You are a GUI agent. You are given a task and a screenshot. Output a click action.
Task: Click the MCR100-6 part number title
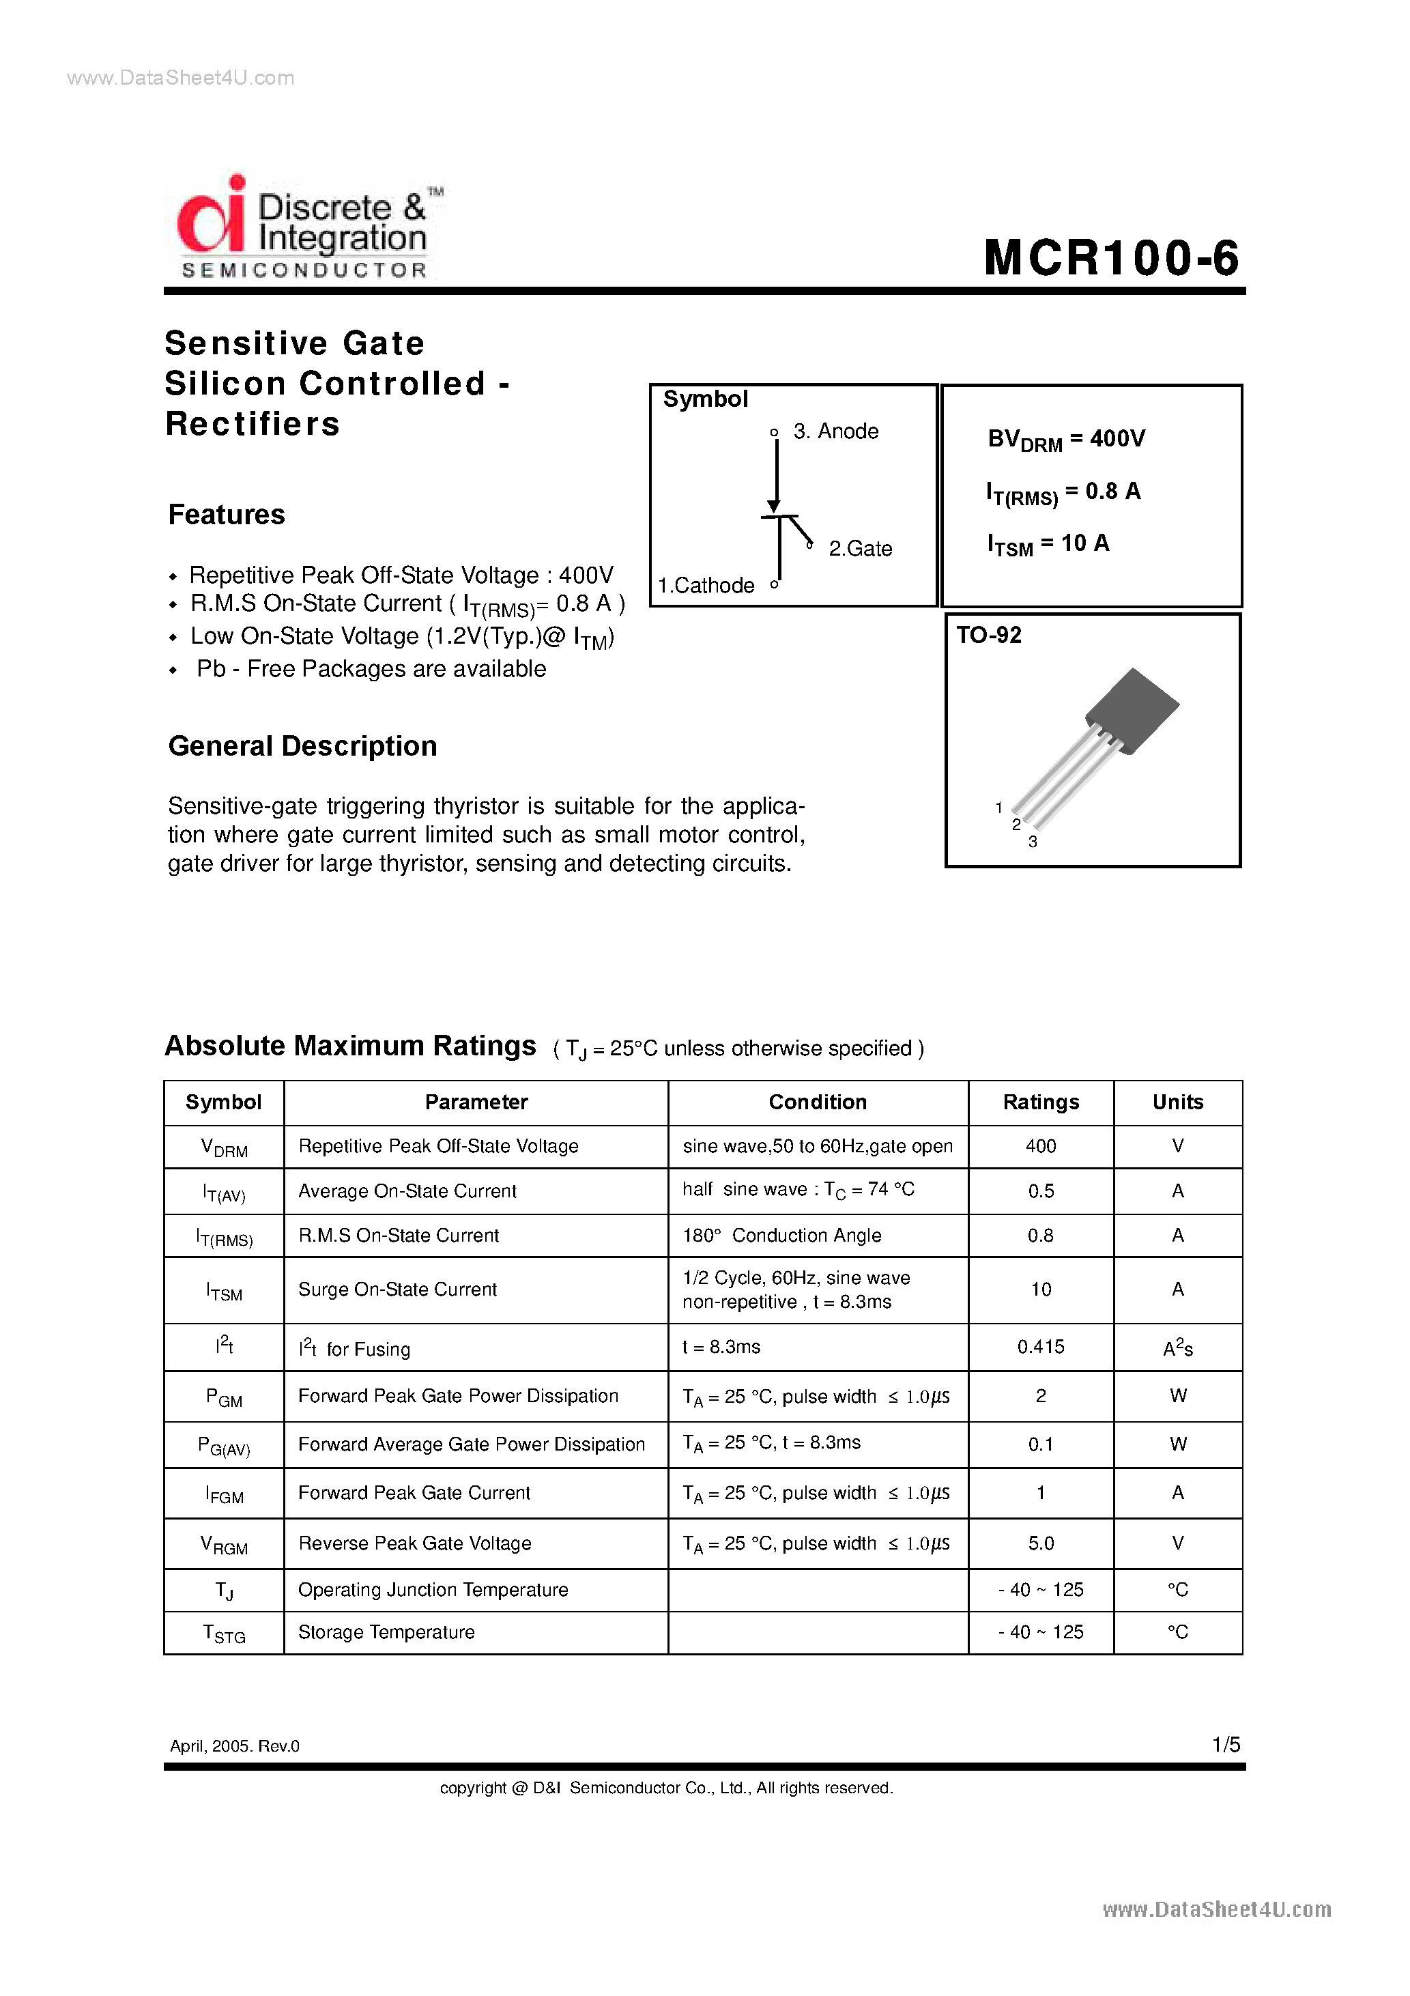[1110, 258]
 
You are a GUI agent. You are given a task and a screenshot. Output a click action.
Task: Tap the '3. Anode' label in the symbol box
[835, 431]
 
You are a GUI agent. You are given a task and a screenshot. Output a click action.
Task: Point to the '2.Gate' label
[860, 549]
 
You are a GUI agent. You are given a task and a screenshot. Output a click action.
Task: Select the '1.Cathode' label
[706, 586]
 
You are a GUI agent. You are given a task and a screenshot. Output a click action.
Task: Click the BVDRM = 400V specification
[1066, 440]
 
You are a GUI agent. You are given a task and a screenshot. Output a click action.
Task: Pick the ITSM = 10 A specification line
[1048, 544]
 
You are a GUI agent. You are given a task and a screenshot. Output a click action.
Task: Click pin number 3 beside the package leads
[1033, 842]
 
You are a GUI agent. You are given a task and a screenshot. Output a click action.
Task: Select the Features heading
[226, 515]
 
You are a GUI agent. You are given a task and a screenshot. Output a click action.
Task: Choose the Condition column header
[817, 1102]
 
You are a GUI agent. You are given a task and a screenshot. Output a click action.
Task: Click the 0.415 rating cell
[1041, 1347]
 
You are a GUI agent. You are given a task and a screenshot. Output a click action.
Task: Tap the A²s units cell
[1177, 1348]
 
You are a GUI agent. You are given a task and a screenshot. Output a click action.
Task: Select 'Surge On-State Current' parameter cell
[397, 1289]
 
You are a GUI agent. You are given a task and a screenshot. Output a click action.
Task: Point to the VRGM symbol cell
[225, 1545]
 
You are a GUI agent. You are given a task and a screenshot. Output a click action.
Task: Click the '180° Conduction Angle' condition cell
[781, 1236]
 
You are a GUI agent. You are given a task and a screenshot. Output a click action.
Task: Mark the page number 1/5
[1226, 1745]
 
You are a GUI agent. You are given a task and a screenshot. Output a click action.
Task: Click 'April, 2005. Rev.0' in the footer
[235, 1745]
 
